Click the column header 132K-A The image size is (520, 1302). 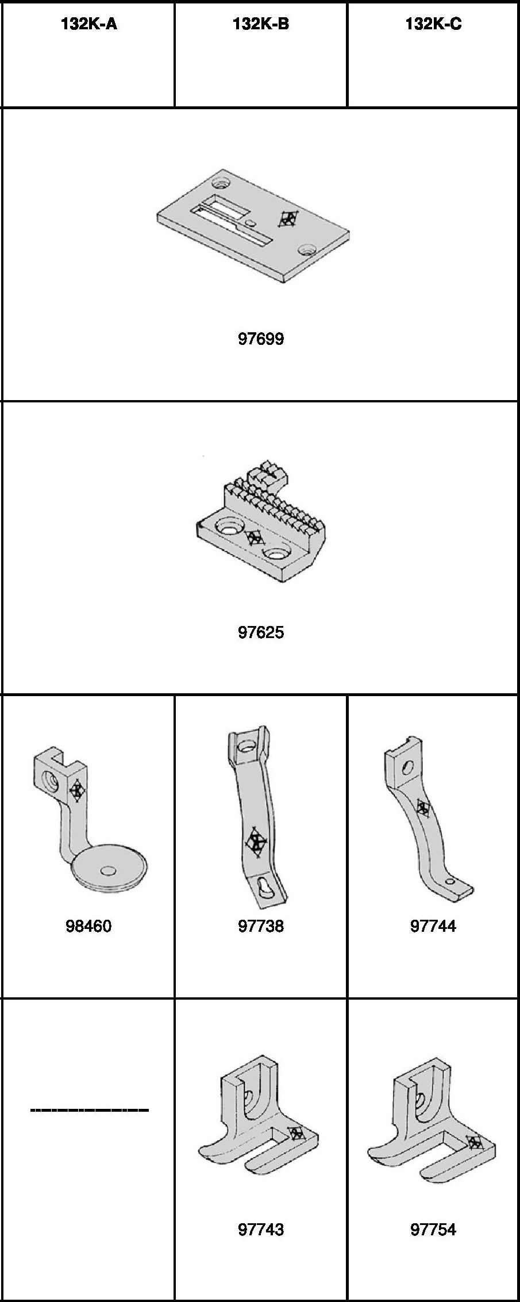click(x=89, y=25)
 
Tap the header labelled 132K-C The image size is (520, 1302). click(x=433, y=25)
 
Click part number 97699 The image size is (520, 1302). click(x=261, y=339)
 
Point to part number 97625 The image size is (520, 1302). click(x=261, y=632)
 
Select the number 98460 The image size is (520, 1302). click(x=88, y=926)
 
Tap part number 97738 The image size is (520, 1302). click(x=261, y=926)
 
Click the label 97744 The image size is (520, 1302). click(x=433, y=926)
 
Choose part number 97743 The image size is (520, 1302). click(x=261, y=1230)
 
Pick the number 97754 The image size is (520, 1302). click(x=433, y=1230)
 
